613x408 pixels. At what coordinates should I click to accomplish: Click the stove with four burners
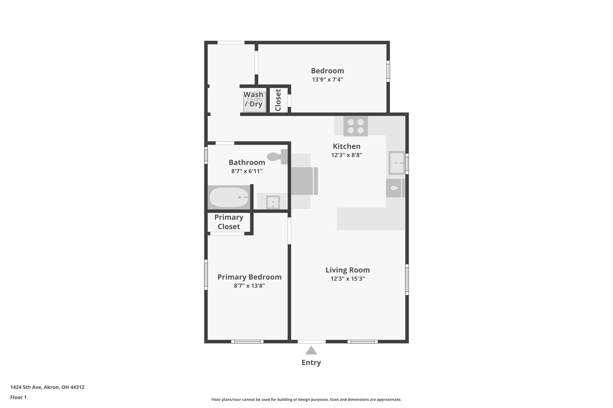click(x=355, y=126)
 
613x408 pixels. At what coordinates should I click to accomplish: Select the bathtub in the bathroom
click(x=229, y=197)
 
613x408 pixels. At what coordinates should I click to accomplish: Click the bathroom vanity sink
click(x=273, y=202)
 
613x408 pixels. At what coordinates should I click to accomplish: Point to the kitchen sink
click(x=397, y=163)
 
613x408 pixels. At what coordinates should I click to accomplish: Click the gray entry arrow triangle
click(x=311, y=351)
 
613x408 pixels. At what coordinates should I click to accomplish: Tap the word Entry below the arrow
click(x=311, y=363)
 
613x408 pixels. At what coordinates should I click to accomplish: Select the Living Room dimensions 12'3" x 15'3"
click(x=348, y=279)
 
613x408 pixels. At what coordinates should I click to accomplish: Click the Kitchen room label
click(x=347, y=146)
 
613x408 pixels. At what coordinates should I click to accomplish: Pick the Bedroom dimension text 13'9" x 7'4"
click(x=327, y=80)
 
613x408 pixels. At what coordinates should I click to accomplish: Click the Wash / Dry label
click(x=254, y=99)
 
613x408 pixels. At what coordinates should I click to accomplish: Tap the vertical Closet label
click(x=278, y=100)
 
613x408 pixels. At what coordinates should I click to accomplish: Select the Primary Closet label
click(x=229, y=222)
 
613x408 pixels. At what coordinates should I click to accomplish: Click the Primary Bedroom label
click(x=249, y=277)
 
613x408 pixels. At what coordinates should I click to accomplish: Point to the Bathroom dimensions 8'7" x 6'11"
click(x=247, y=171)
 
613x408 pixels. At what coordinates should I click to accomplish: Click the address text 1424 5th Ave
click(x=47, y=387)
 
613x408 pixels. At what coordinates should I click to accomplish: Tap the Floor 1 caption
click(x=18, y=397)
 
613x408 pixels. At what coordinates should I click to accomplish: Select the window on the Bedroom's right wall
click(x=388, y=71)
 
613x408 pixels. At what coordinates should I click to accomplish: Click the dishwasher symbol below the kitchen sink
click(x=394, y=188)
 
